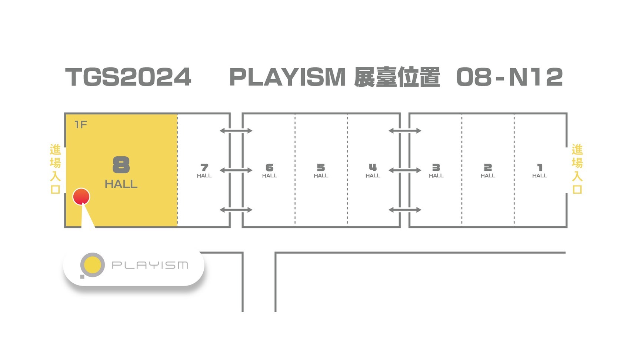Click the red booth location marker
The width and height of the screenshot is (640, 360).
[x=81, y=196]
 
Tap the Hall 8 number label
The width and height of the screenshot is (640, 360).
[x=121, y=165]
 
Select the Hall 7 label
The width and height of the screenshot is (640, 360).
[x=204, y=171]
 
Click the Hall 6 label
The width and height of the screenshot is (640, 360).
[x=269, y=171]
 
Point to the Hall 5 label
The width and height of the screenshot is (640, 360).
[x=321, y=171]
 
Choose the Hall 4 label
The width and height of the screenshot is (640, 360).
[x=373, y=171]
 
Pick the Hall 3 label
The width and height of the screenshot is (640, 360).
[x=436, y=171]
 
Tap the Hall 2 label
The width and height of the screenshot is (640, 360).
[x=488, y=171]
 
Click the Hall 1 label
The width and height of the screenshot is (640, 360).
[x=539, y=171]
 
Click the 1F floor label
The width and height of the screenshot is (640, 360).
[x=81, y=124]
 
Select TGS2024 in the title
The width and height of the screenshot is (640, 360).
[x=128, y=77]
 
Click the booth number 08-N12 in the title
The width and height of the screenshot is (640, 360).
[x=509, y=77]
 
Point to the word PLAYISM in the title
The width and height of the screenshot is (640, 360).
[x=287, y=77]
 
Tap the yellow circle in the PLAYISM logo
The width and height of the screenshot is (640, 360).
[x=92, y=265]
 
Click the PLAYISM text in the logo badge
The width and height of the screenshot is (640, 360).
[x=150, y=265]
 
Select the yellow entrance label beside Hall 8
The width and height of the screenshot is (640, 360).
[x=55, y=169]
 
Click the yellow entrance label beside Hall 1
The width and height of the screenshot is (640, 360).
[x=577, y=169]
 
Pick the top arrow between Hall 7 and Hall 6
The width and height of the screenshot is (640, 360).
[x=236, y=131]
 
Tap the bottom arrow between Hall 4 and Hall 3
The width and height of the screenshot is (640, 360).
[x=405, y=210]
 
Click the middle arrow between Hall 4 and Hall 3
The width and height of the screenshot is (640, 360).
[x=405, y=170]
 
